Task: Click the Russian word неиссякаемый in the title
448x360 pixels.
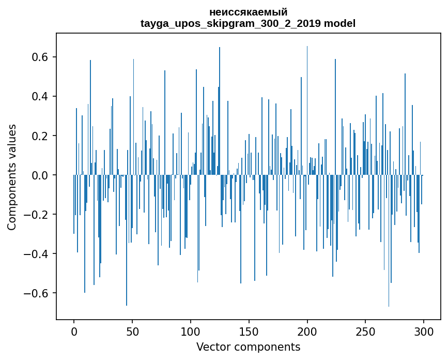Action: (x=248, y=12)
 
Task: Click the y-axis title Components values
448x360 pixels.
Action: (x=12, y=177)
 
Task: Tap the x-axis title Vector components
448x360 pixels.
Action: (x=248, y=347)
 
